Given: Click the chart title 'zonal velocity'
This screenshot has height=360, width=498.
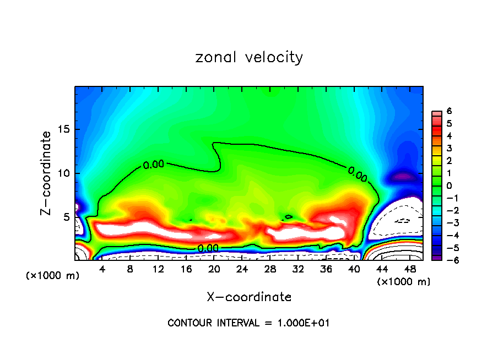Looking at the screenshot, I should click(249, 57).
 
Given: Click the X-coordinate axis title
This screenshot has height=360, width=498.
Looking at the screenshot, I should click(249, 297).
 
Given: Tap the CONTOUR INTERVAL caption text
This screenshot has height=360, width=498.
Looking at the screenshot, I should click(248, 323).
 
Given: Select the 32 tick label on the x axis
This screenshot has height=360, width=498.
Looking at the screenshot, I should click(299, 269).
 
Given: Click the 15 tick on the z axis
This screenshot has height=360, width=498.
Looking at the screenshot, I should click(65, 129).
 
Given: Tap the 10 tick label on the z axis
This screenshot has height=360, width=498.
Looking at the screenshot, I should click(65, 173).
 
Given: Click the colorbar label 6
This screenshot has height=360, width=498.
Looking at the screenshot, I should click(450, 111).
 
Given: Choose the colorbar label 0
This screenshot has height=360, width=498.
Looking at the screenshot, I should click(450, 186).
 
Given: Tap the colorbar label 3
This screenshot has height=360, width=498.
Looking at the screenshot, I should click(450, 148).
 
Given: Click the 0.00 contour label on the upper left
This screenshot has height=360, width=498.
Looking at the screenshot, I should click(154, 164).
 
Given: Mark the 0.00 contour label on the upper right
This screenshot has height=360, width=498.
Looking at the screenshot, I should click(357, 174).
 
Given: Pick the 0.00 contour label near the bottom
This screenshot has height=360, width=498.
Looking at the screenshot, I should click(208, 248).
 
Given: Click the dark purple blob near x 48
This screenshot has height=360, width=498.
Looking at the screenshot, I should click(403, 177).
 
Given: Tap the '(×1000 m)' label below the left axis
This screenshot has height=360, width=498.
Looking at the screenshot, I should click(53, 276).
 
